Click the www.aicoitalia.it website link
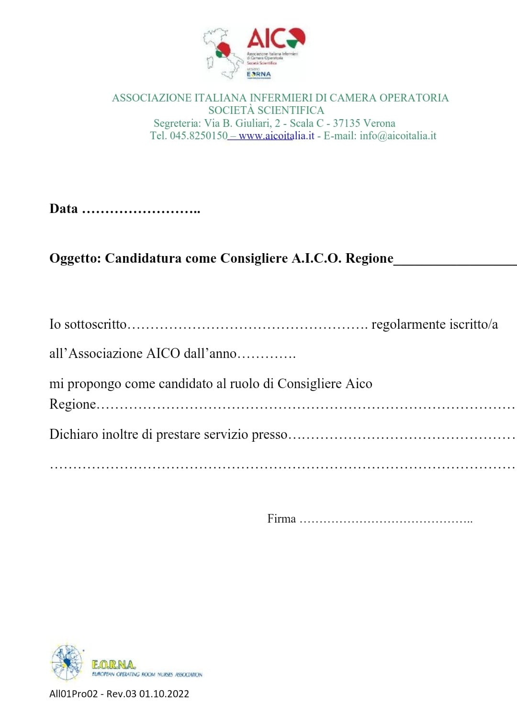click(x=276, y=136)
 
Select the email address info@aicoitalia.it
click(x=398, y=136)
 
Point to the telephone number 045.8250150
click(x=199, y=136)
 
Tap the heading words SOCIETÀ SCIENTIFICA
click(x=266, y=111)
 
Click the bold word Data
click(x=64, y=209)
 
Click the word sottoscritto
click(x=95, y=324)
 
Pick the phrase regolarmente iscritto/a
click(x=435, y=324)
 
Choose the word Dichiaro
click(x=73, y=435)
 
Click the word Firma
click(x=281, y=519)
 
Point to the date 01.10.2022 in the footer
click(x=164, y=694)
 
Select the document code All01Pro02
click(x=73, y=694)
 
